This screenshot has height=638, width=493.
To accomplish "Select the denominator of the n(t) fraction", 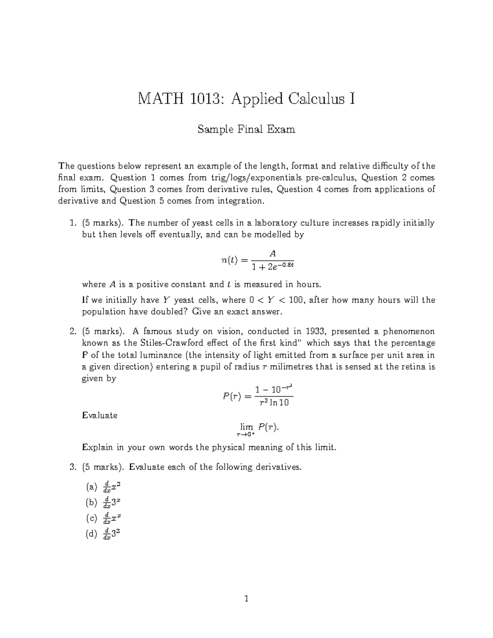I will [272, 266].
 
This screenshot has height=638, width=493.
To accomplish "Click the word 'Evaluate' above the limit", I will [100, 415].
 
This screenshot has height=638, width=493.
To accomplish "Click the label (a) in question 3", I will [91, 487].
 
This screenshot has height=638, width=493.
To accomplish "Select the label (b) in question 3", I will [91, 502].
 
